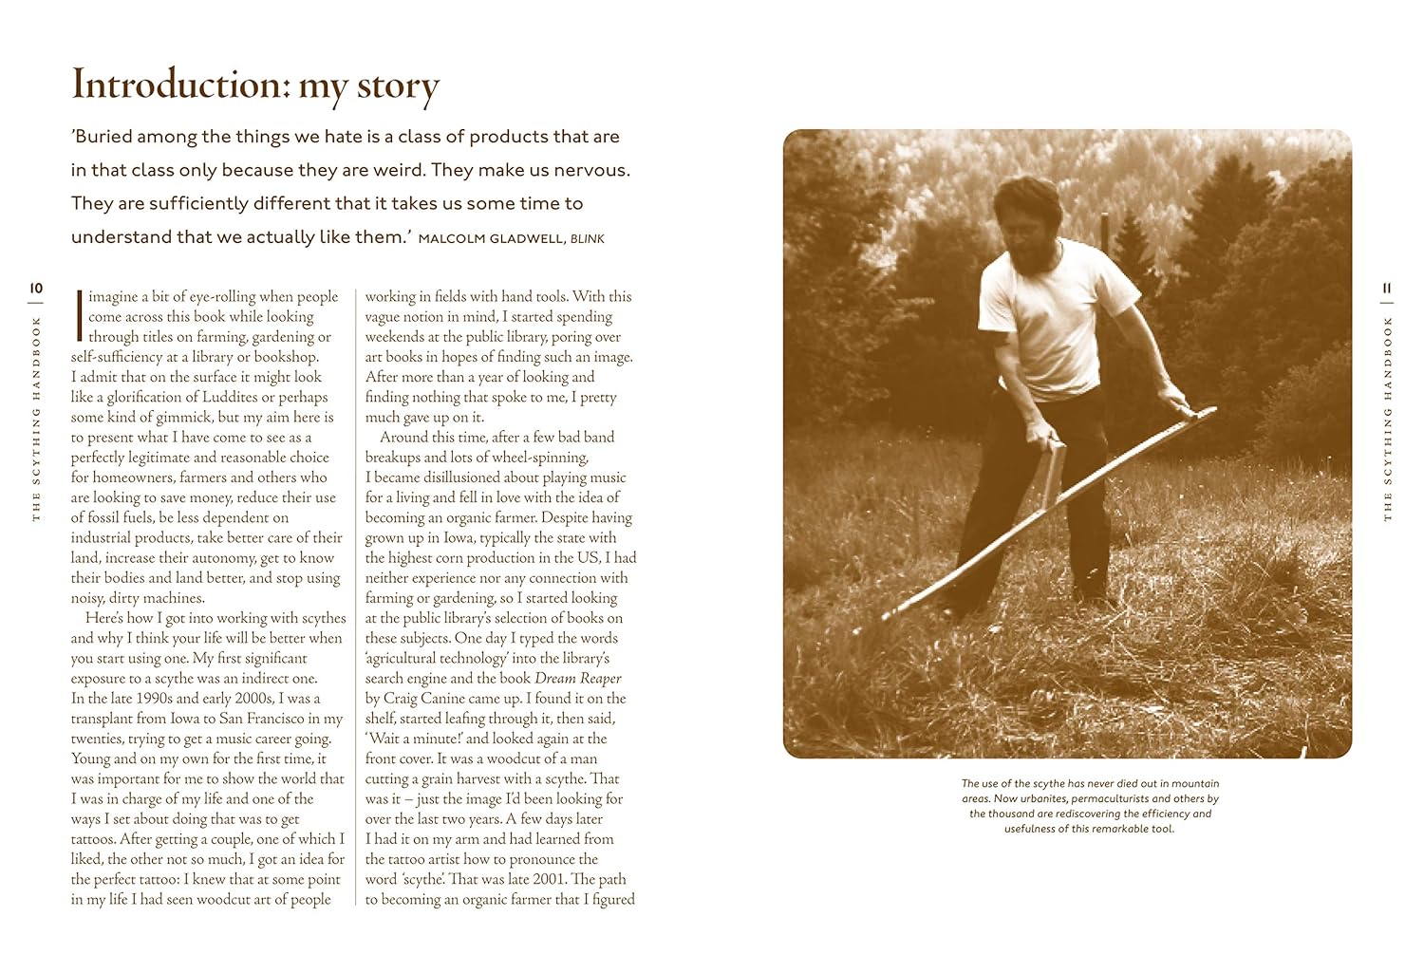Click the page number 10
tap(36, 288)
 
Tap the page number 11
tap(1387, 288)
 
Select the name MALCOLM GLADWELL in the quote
tap(490, 238)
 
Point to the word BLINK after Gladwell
tap(588, 238)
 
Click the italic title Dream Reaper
tap(577, 678)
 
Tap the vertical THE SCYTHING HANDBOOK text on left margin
tap(36, 419)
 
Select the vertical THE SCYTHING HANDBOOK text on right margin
tap(1387, 419)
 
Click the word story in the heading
tap(398, 84)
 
